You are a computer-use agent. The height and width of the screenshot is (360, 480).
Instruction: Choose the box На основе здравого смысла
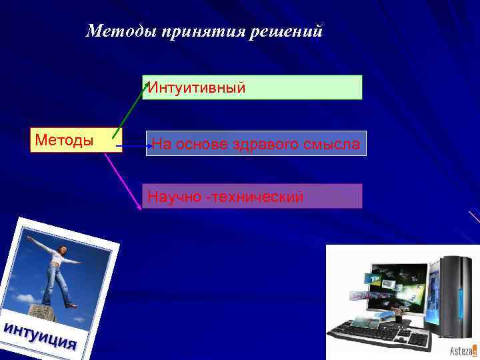255,143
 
